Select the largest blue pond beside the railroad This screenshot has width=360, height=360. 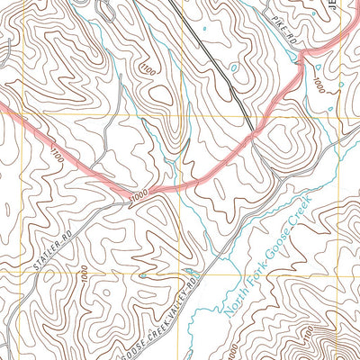[x=235, y=68]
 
